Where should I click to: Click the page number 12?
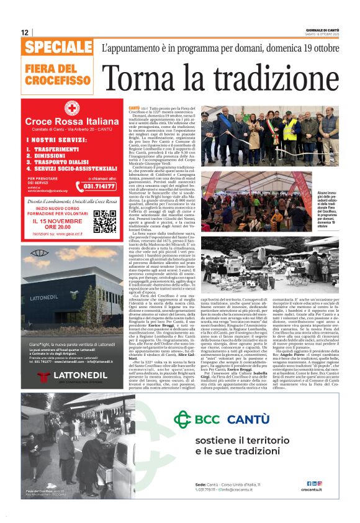click(24, 32)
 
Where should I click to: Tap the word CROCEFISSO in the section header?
click(58, 81)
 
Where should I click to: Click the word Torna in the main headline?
click(142, 77)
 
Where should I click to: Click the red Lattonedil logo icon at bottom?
click(44, 376)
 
